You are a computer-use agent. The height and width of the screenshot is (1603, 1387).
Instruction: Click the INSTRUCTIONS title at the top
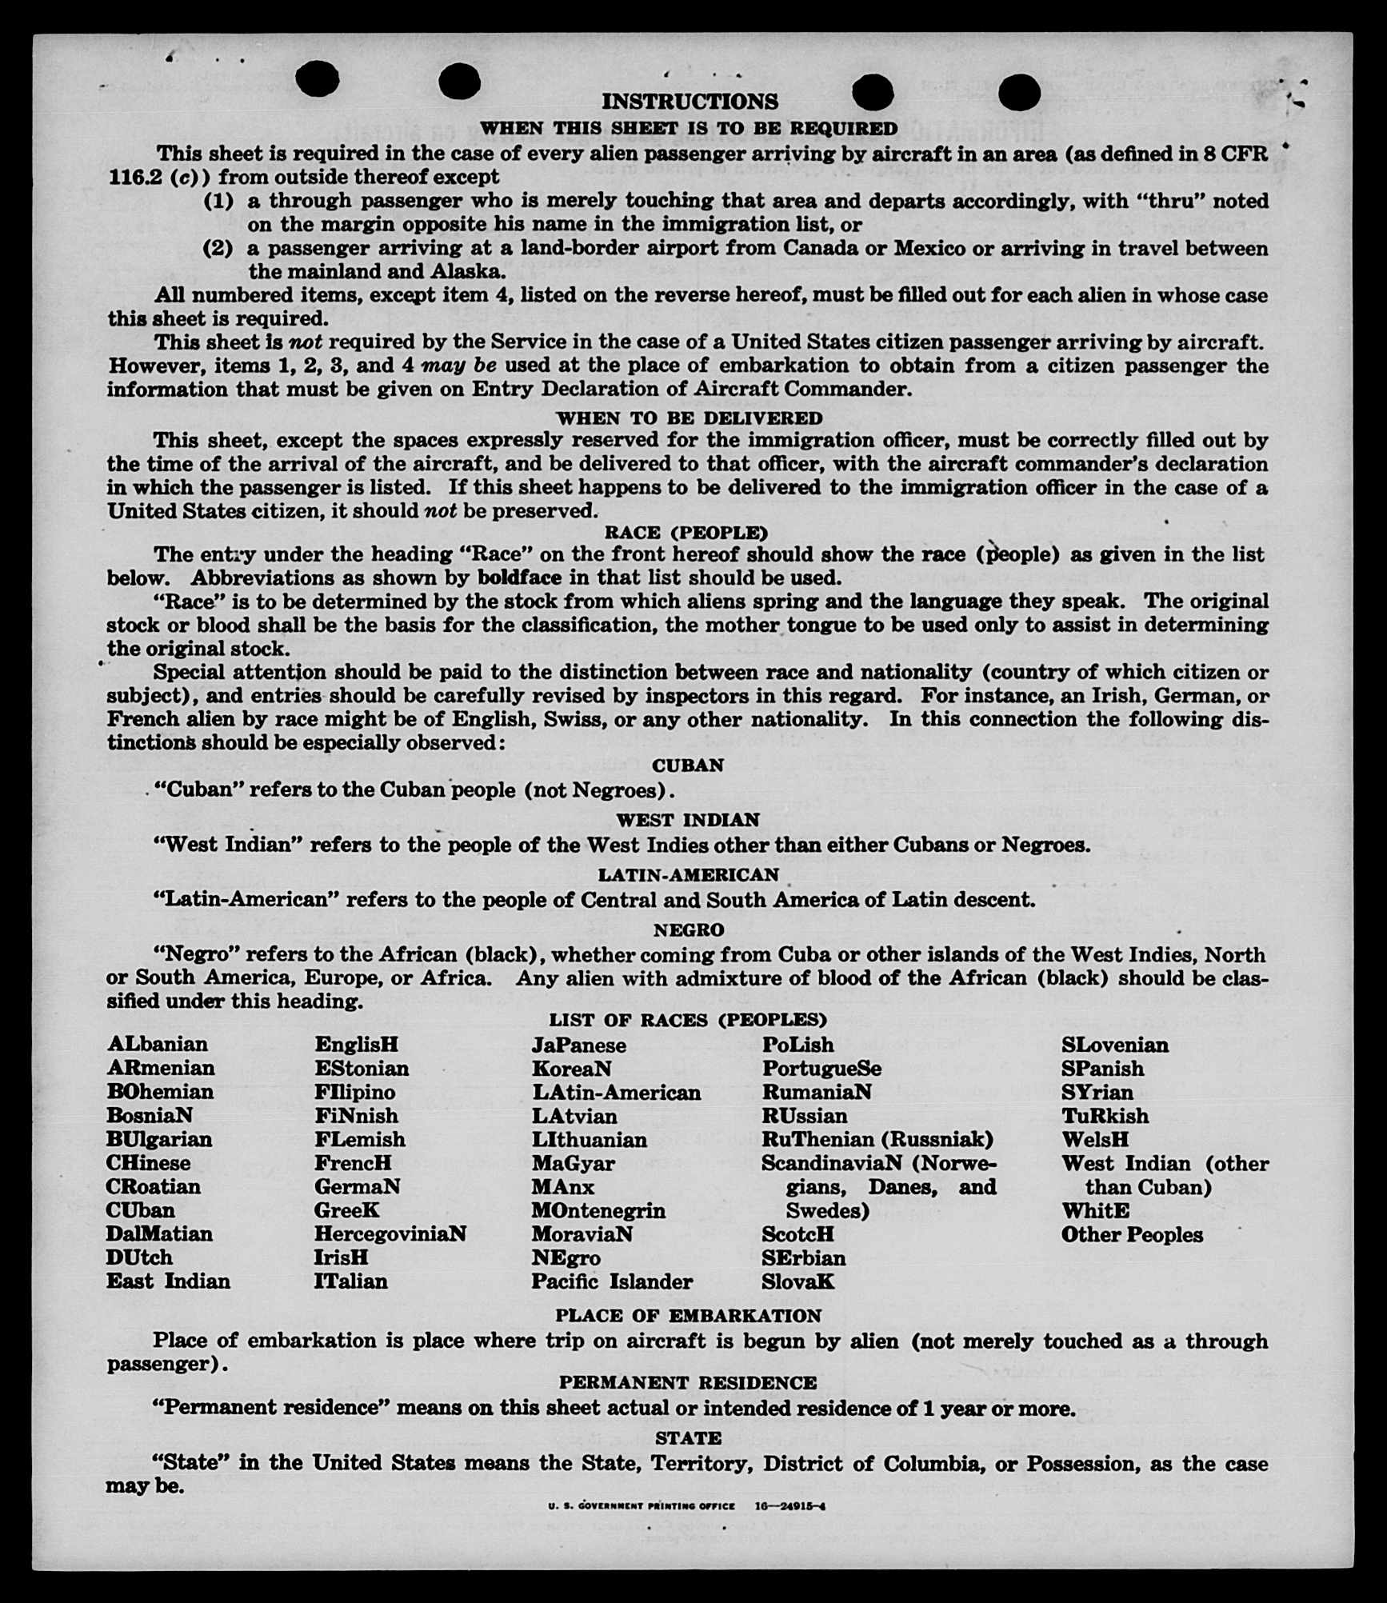tap(690, 102)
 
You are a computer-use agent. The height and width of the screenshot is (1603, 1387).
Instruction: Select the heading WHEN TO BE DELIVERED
tap(689, 418)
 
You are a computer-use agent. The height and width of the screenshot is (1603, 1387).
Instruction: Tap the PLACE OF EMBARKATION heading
tap(688, 1315)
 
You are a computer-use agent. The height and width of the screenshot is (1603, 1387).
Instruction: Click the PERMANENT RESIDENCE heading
tap(687, 1382)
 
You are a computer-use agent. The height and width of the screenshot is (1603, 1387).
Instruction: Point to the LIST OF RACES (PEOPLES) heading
tap(687, 1020)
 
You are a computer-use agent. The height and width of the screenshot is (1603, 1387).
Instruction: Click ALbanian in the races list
tap(158, 1044)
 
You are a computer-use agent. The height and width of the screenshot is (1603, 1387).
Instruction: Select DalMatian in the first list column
tap(159, 1233)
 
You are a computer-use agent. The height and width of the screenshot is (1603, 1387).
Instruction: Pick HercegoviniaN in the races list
tap(390, 1233)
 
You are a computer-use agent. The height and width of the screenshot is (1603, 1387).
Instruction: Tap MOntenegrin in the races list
tap(598, 1210)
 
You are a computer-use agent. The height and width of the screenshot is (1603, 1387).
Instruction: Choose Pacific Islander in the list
tap(612, 1281)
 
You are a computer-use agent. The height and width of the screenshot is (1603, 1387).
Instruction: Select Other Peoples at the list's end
tap(1132, 1234)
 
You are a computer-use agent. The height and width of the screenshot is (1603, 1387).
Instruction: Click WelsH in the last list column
tap(1095, 1139)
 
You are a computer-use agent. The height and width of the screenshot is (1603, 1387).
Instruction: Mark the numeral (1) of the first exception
tap(218, 200)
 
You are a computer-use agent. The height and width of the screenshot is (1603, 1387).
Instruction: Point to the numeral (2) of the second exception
tap(218, 248)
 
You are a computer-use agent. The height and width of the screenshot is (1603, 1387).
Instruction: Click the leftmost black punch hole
tap(317, 79)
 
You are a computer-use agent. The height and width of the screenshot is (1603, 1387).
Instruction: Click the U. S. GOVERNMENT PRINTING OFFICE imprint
tap(641, 1505)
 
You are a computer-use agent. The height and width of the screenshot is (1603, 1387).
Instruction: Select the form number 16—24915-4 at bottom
tap(790, 1505)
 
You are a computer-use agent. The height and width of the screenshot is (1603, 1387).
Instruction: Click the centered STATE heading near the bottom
tap(688, 1437)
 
